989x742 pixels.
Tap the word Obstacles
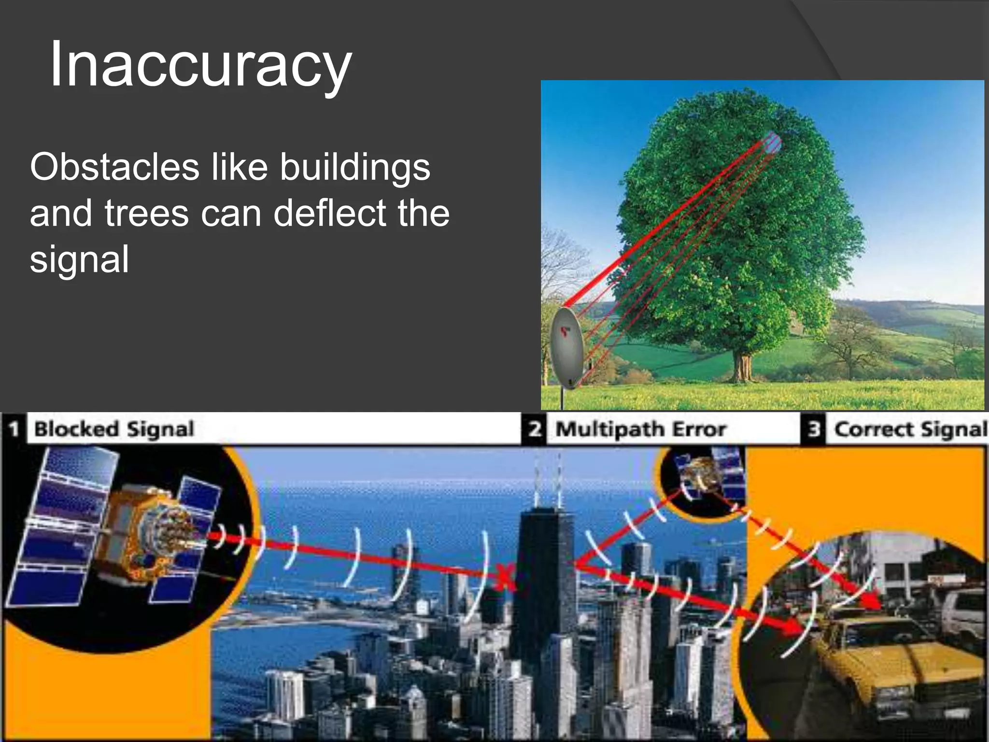click(114, 167)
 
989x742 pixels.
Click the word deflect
click(329, 214)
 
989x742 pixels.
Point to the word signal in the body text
click(79, 259)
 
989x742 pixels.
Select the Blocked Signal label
click(114, 429)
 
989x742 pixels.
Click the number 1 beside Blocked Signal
click(14, 429)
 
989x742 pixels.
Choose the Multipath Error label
click(641, 429)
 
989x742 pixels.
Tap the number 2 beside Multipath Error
click(534, 429)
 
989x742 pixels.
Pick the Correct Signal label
click(910, 429)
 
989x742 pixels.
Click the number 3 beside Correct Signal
click(814, 429)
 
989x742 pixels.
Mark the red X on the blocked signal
click(504, 577)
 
